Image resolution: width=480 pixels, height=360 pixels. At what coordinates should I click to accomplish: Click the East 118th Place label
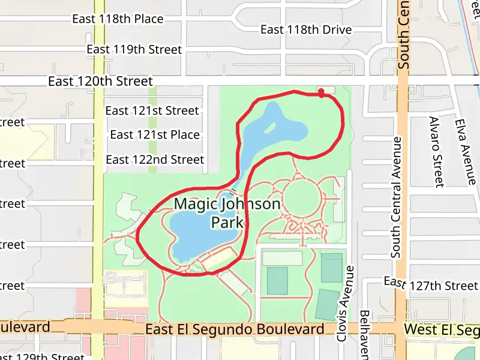click(x=118, y=19)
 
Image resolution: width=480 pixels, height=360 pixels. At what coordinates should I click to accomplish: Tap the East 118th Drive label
click(x=306, y=29)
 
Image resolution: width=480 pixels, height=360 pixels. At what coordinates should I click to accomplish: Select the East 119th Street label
click(x=134, y=49)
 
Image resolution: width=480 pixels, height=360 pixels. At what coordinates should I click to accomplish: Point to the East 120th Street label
click(x=101, y=81)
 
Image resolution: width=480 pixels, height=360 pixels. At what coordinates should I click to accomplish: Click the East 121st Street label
click(x=152, y=110)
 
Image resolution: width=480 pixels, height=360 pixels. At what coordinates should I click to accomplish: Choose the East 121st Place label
click(x=155, y=134)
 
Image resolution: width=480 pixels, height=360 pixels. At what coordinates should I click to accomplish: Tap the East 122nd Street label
click(x=155, y=160)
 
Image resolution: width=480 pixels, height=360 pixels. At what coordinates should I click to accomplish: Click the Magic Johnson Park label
click(x=227, y=213)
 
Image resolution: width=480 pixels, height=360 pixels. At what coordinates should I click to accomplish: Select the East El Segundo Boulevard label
click(x=235, y=329)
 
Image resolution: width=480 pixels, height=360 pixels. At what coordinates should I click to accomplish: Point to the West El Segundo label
click(x=442, y=329)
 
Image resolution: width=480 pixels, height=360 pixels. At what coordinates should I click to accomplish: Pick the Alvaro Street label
click(x=436, y=151)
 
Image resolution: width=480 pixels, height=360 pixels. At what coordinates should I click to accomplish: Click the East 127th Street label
click(x=431, y=284)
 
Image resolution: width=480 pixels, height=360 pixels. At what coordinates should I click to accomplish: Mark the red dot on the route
click(x=322, y=92)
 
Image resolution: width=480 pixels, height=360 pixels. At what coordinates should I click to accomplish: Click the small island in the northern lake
click(x=270, y=127)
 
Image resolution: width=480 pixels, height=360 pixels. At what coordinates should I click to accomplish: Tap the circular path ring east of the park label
click(x=302, y=197)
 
